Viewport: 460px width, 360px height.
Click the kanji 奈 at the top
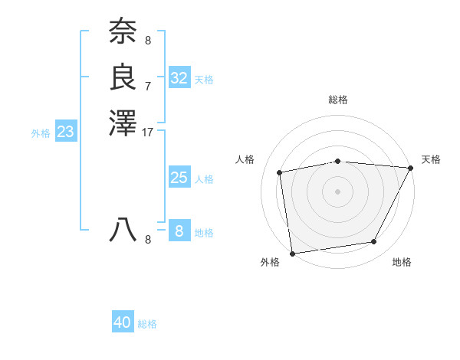point(123,32)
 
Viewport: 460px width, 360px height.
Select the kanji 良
point(123,77)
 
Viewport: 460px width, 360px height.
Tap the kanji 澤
point(123,123)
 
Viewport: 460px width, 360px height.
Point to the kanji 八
point(123,230)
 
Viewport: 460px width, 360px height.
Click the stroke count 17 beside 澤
point(148,132)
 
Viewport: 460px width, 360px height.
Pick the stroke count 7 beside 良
point(148,86)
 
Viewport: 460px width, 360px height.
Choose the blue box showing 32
point(179,78)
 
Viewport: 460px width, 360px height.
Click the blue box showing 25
point(179,178)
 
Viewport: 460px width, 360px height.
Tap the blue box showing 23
point(66,132)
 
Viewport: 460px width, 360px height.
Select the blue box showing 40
point(123,322)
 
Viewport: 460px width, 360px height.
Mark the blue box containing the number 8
point(179,231)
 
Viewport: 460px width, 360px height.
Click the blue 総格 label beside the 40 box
point(147,324)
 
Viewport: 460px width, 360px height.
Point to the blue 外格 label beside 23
point(41,133)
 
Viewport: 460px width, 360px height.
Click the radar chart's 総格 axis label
point(338,100)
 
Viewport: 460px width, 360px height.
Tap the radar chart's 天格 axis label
point(431,159)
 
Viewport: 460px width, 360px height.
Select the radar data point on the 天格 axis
point(411,168)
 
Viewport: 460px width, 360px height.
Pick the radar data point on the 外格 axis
point(292,253)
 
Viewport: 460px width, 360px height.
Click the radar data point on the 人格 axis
point(280,172)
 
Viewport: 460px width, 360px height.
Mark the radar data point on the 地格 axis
point(374,242)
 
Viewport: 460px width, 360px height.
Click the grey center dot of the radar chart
point(338,191)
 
